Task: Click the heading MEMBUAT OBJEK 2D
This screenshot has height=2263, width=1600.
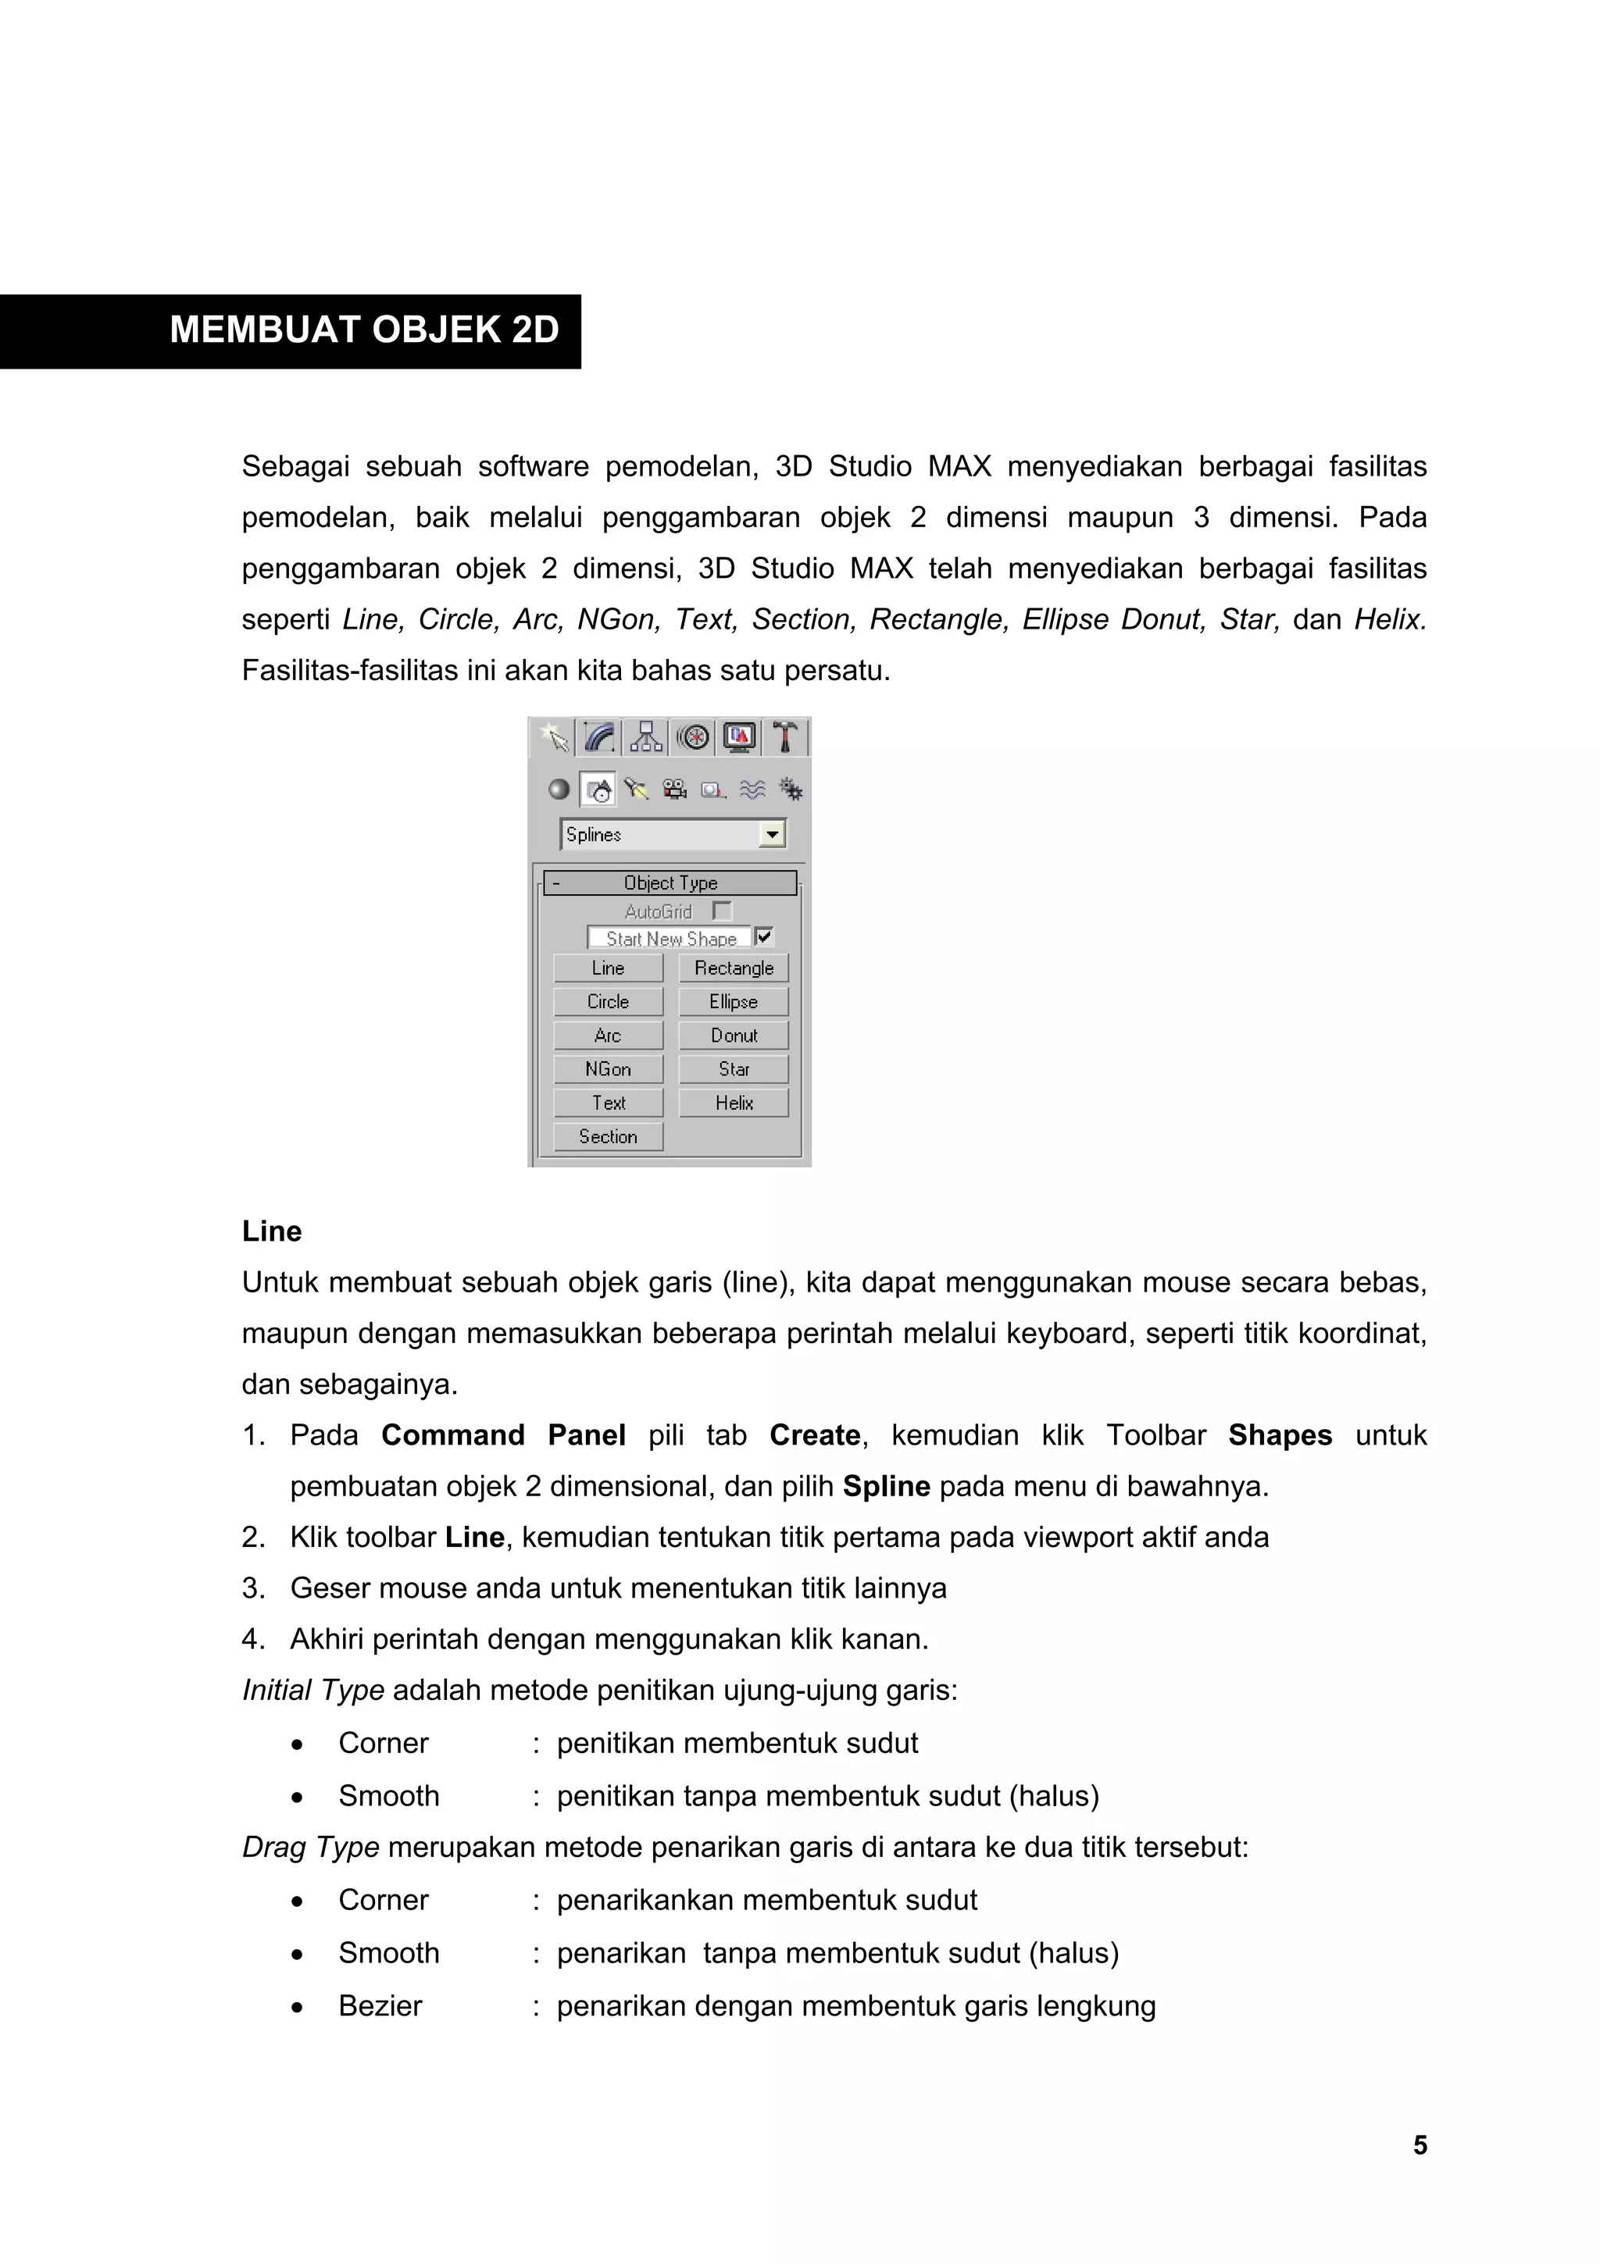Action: tap(364, 330)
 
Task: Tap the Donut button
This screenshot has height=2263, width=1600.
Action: tap(734, 1035)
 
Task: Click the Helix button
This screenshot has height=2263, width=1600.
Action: tap(734, 1103)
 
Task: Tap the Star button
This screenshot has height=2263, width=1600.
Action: tap(734, 1068)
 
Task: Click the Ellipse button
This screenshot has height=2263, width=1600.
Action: tap(734, 1001)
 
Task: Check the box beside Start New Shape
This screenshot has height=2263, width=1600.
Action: tap(764, 937)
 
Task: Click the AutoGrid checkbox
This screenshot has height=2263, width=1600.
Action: tap(723, 911)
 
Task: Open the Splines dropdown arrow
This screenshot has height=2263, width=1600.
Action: tap(772, 835)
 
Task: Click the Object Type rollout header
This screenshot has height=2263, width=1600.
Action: tap(670, 883)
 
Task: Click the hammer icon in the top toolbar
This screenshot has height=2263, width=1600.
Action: tap(784, 737)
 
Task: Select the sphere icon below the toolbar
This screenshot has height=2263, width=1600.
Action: tap(559, 789)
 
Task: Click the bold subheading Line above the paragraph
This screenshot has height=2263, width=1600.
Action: tap(271, 1231)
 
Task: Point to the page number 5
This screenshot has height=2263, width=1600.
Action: tap(1420, 2145)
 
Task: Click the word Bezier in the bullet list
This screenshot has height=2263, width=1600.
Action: tap(380, 2006)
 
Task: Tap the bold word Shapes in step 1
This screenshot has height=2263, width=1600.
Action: tap(1280, 1435)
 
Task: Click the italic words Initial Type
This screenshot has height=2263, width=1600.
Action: tap(312, 1691)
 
